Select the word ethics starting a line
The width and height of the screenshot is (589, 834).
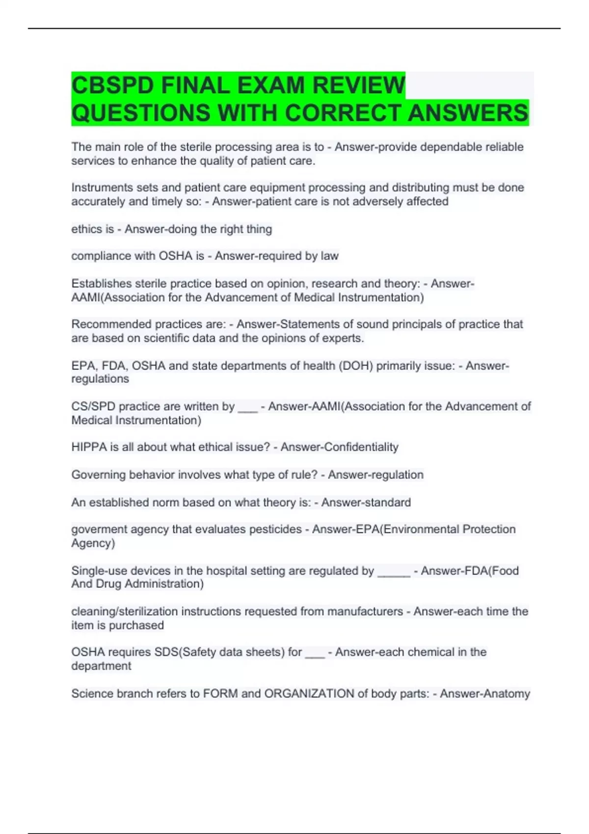tap(85, 229)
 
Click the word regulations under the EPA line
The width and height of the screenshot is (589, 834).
tap(100, 379)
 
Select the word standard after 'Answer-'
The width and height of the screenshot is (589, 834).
tap(387, 502)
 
